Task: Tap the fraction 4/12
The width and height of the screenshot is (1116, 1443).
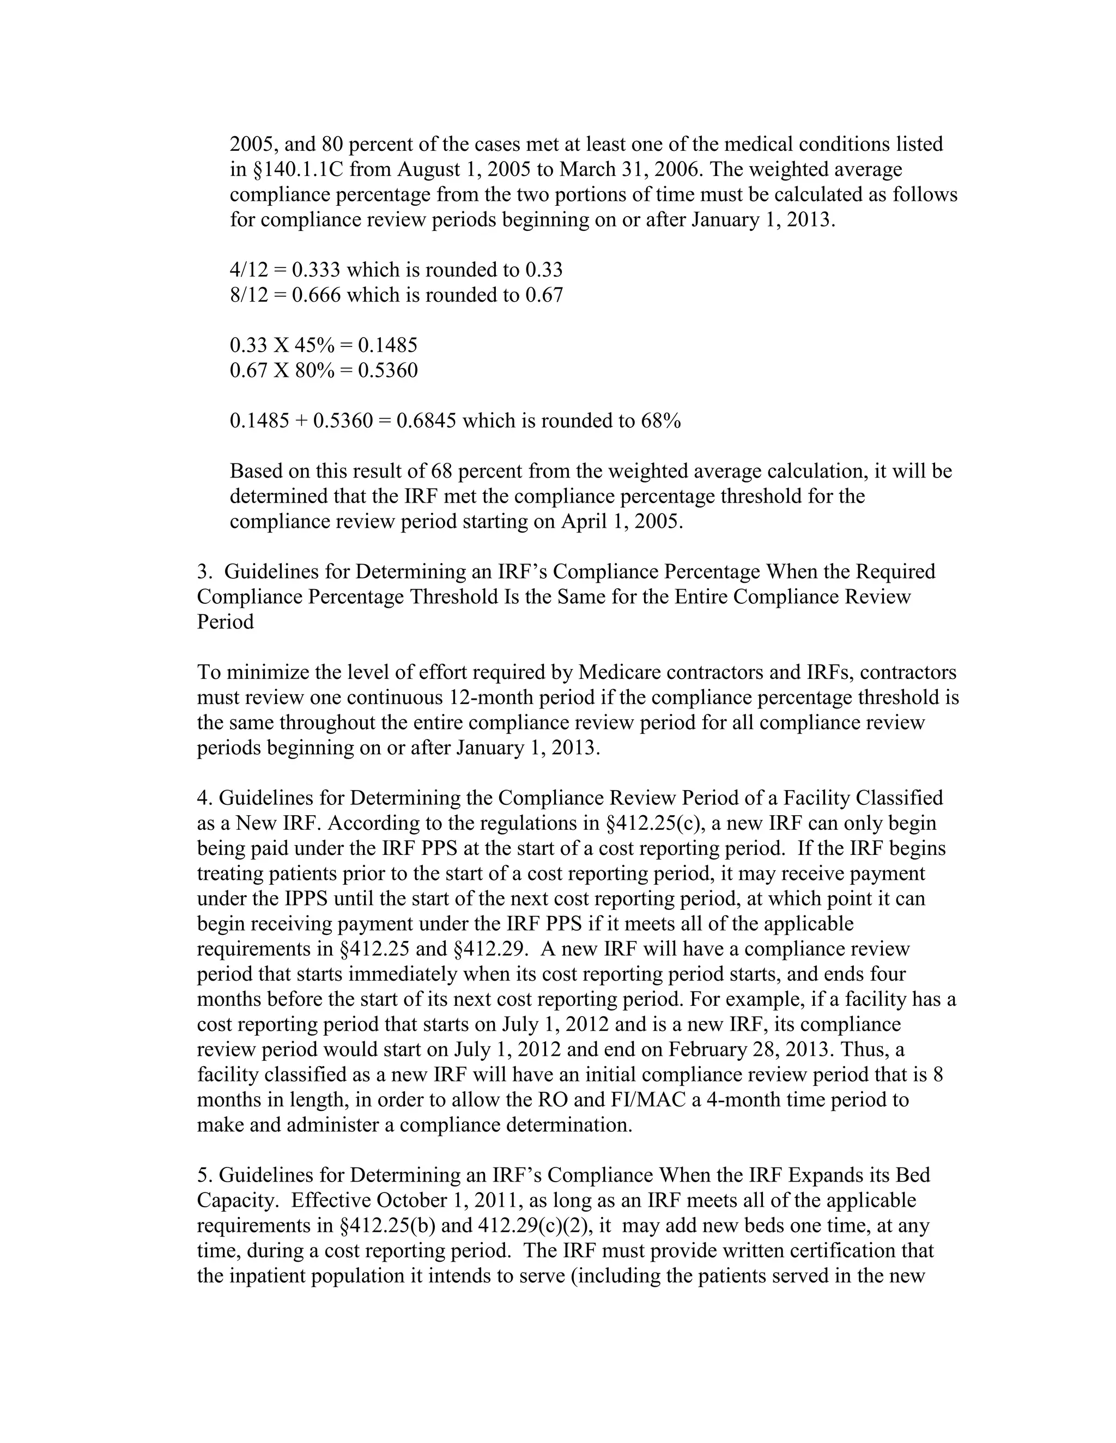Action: (x=248, y=270)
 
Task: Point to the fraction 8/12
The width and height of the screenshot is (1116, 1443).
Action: (x=248, y=295)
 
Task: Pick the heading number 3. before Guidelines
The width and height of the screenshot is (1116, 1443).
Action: (x=204, y=572)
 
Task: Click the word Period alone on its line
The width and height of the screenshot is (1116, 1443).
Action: (x=226, y=622)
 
